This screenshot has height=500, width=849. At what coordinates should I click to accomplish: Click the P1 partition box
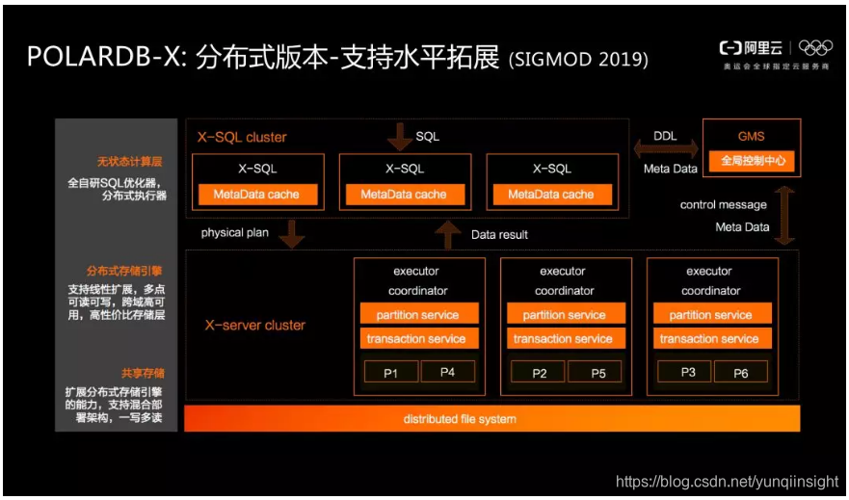click(x=390, y=373)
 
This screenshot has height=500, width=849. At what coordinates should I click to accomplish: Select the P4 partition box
click(x=447, y=372)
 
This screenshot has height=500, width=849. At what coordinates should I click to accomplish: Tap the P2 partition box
click(x=539, y=373)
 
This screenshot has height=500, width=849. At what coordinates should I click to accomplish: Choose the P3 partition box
click(x=687, y=372)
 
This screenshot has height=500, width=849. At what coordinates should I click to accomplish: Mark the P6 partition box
click(x=740, y=372)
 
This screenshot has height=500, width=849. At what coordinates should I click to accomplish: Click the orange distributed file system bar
click(x=492, y=419)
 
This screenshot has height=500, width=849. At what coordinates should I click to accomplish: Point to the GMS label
click(x=751, y=137)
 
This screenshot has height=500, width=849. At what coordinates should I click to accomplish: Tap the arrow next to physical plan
click(x=290, y=233)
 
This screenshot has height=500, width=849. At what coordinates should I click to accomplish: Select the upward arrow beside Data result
click(x=447, y=234)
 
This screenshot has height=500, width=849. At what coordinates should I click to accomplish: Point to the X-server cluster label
click(x=254, y=326)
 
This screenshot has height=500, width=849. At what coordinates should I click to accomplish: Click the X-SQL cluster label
click(x=242, y=137)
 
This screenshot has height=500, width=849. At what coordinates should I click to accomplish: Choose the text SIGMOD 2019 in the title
click(x=578, y=60)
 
